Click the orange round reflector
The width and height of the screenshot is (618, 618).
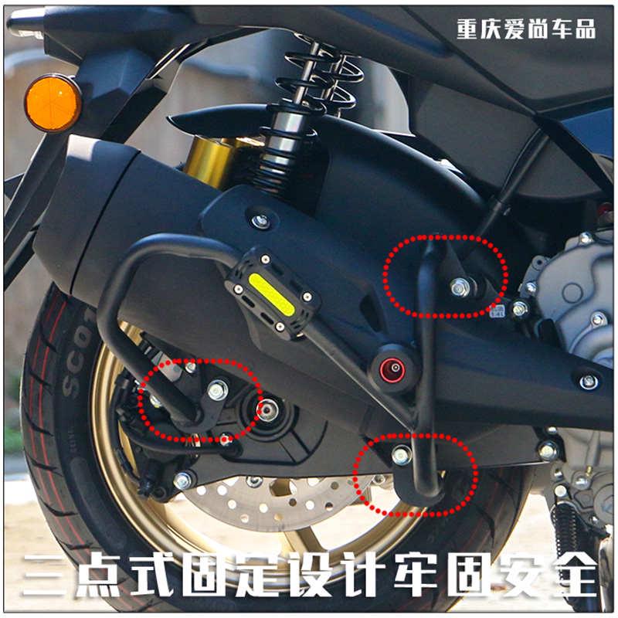[53, 103]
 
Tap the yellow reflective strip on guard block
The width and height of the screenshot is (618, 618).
[271, 294]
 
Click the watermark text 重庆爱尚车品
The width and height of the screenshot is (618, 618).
[526, 29]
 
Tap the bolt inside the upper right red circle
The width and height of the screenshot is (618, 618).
[460, 287]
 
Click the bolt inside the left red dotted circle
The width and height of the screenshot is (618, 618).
[218, 390]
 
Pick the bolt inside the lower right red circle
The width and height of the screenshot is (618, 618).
[401, 455]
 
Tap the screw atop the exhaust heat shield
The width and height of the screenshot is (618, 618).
[261, 221]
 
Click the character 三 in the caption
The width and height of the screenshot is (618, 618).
[49, 572]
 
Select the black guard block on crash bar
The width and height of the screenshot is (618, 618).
[272, 292]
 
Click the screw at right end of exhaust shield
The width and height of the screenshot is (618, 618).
[588, 381]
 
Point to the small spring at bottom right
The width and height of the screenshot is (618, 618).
[568, 533]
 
